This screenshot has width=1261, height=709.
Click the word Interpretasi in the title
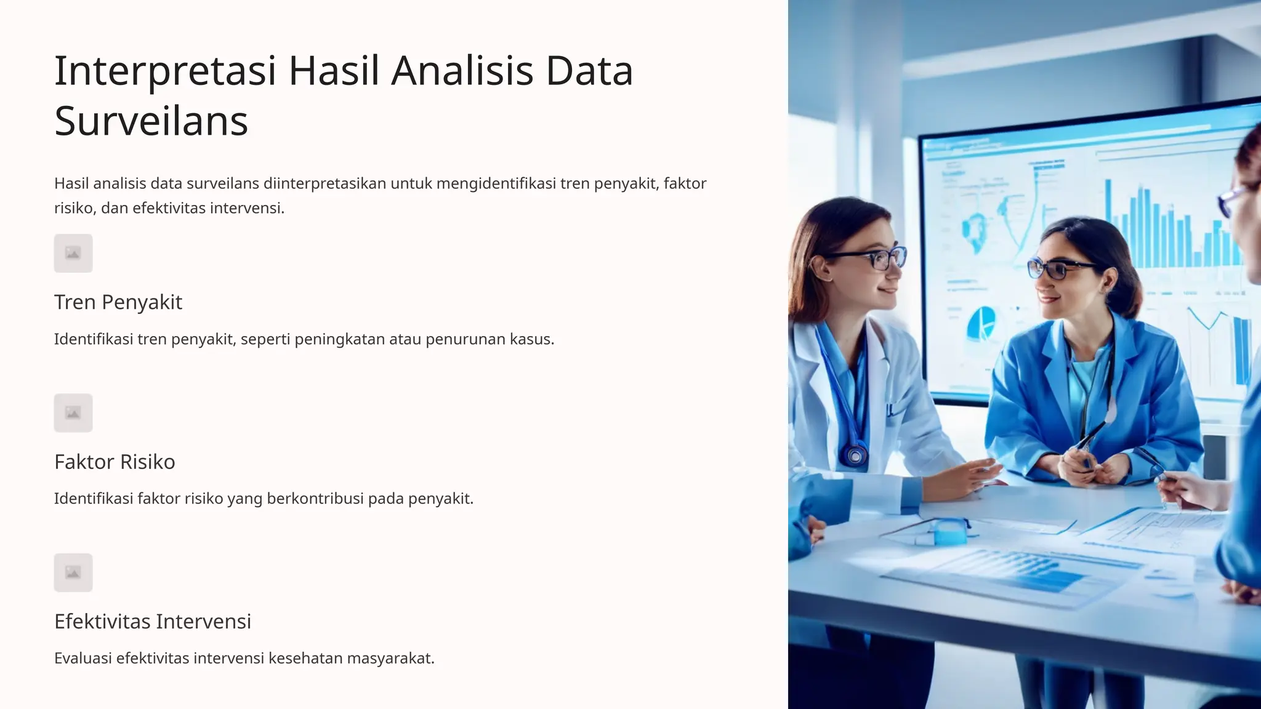(165, 71)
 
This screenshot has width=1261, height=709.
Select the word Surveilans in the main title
(151, 121)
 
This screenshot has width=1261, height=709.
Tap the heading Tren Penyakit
(118, 302)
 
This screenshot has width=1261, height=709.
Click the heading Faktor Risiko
(115, 462)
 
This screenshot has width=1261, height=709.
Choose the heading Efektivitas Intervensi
(153, 622)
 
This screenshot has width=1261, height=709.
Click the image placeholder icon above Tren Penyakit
(73, 253)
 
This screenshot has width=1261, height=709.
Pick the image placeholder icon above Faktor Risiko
(73, 413)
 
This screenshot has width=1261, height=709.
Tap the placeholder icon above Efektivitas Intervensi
(73, 572)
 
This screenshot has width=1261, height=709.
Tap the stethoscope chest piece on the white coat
(855, 456)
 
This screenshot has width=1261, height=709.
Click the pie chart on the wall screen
(980, 324)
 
